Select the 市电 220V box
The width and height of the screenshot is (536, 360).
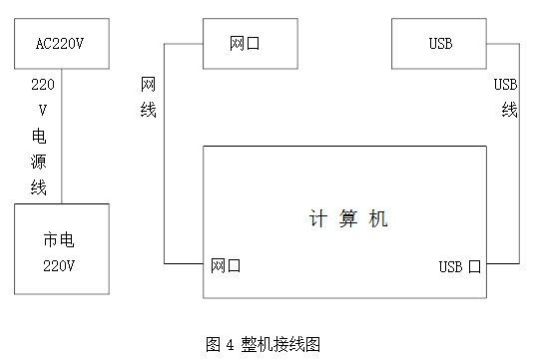click(x=61, y=248)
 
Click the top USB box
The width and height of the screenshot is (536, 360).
click(x=440, y=45)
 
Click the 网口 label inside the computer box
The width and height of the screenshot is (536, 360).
click(x=226, y=266)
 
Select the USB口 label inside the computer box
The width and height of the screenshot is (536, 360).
click(x=460, y=267)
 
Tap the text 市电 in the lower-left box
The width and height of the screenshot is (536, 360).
click(x=58, y=239)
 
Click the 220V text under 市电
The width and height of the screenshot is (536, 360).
click(x=59, y=266)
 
